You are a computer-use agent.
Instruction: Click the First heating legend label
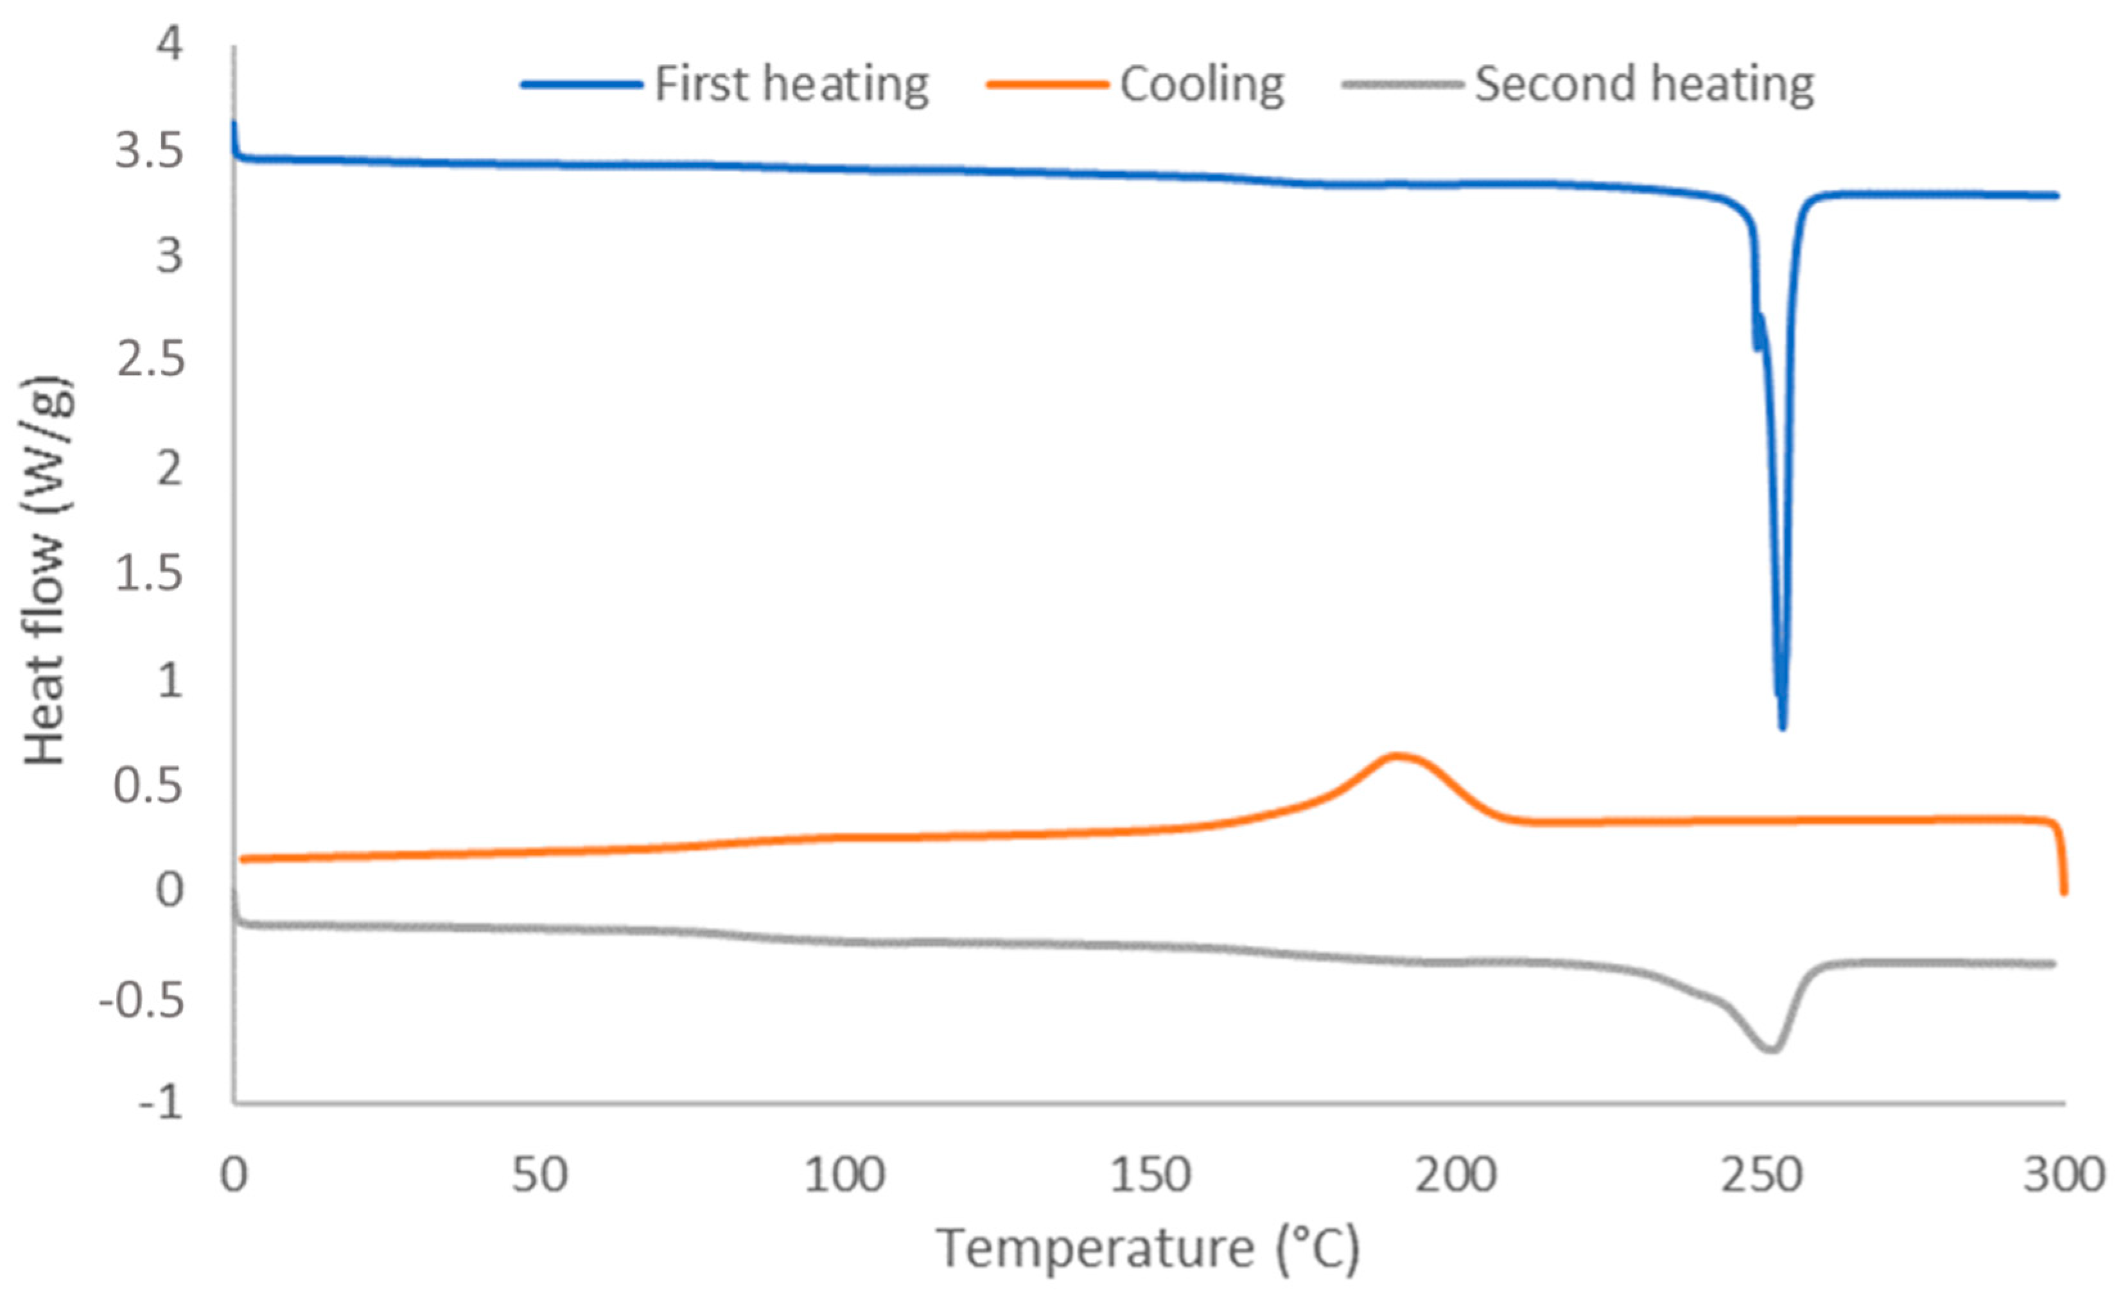[x=792, y=85]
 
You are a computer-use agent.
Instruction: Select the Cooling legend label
[x=1201, y=85]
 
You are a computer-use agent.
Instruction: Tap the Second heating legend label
[x=1644, y=85]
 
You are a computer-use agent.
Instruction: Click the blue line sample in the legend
[x=581, y=85]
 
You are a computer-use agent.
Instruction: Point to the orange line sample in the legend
[x=1046, y=85]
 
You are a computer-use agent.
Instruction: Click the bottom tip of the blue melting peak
[x=1782, y=726]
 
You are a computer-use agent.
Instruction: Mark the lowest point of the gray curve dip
[x=1770, y=1050]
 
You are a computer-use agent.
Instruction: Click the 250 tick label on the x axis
[x=1761, y=1175]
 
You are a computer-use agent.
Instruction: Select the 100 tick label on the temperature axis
[x=844, y=1175]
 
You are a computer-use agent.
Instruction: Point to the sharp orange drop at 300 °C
[x=2063, y=863]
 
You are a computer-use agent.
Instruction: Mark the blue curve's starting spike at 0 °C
[x=234, y=130]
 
